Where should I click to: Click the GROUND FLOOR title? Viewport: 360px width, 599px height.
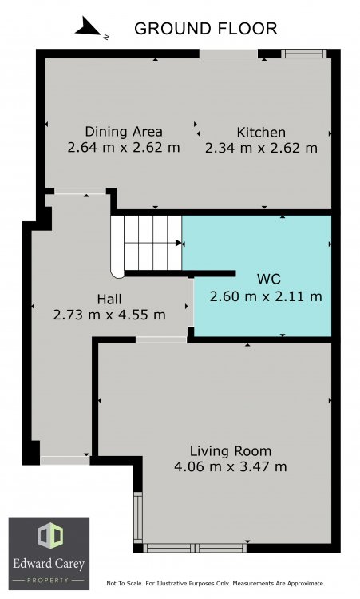tap(206, 29)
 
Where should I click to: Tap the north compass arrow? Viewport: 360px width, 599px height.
tap(89, 27)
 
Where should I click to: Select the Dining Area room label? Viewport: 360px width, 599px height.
tap(124, 132)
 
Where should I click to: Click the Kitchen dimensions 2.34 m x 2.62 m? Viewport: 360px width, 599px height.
tap(261, 148)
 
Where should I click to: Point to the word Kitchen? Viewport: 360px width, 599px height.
tap(261, 132)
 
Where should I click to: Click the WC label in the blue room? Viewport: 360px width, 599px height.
tap(269, 279)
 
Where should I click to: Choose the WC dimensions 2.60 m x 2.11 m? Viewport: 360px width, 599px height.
tap(266, 296)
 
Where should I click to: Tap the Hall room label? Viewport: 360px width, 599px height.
tap(109, 299)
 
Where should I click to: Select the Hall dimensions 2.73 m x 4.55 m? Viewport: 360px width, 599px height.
tap(109, 315)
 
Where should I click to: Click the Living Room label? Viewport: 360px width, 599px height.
tap(231, 451)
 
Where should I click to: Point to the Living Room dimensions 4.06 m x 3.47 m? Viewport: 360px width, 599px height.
tap(231, 467)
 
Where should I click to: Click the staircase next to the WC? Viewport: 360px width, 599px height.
tap(147, 244)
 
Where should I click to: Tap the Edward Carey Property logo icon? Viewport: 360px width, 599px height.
tap(50, 536)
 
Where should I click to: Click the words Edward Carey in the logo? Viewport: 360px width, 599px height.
tap(49, 564)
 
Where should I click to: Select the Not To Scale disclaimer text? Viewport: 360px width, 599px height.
tap(216, 583)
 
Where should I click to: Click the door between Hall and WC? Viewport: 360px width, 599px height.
tap(191, 302)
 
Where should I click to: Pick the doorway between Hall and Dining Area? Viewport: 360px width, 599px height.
tap(80, 191)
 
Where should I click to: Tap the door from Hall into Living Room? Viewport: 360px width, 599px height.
tap(161, 339)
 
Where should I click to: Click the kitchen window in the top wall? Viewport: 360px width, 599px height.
tap(304, 54)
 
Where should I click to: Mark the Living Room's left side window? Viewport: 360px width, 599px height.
tap(138, 518)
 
